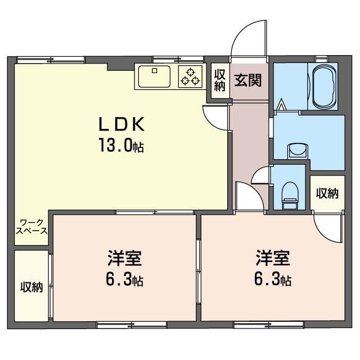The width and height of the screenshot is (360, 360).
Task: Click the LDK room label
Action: (121, 124)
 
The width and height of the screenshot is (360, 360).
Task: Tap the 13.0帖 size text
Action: (121, 145)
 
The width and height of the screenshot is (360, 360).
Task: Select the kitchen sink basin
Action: (154, 76)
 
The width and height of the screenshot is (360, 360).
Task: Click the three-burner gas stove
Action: (190, 76)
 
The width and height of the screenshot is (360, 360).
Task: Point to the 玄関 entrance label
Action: (248, 80)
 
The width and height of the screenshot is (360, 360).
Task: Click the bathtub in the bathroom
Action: (324, 87)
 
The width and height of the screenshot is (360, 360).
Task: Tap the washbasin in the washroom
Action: (298, 151)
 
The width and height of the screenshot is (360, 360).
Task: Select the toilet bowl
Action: (290, 195)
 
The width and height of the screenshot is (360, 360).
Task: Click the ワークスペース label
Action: (31, 227)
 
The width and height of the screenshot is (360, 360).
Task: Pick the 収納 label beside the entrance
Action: (220, 80)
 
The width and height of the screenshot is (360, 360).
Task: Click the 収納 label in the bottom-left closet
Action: (31, 287)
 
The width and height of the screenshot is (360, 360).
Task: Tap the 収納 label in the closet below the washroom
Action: (327, 193)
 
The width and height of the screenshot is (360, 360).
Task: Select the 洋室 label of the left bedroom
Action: (124, 258)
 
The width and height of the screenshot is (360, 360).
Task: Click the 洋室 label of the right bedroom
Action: (273, 258)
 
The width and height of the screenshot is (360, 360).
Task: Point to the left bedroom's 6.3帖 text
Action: (124, 280)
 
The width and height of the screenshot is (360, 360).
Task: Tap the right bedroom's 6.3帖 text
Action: (273, 280)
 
